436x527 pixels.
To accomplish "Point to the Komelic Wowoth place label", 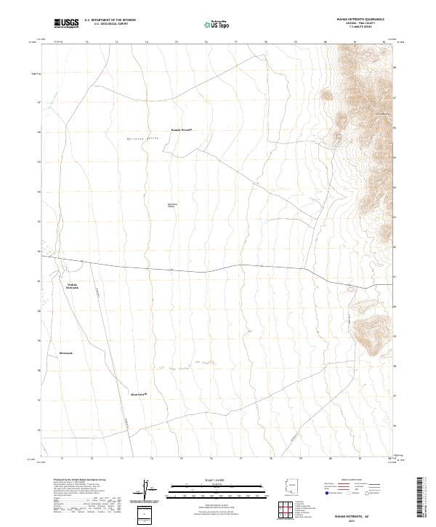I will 181,131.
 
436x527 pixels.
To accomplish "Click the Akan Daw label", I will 139,395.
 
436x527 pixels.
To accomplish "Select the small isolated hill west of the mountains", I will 327,95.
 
